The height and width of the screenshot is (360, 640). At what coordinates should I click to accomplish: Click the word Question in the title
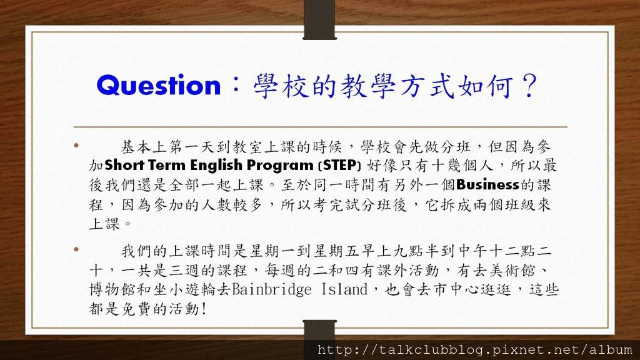click(158, 86)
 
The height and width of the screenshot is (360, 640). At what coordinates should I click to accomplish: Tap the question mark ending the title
click(531, 86)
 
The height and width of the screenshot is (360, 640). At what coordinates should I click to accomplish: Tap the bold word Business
click(487, 184)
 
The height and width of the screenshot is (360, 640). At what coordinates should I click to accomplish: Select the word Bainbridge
click(272, 289)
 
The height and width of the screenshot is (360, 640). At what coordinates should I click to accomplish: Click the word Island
click(344, 289)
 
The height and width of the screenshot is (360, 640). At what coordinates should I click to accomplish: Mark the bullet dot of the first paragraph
click(76, 145)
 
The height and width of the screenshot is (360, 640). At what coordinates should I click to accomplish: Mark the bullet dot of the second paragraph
click(76, 249)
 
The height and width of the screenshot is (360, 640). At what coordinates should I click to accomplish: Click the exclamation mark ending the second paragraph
click(204, 309)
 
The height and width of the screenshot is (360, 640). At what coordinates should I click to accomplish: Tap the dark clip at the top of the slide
click(319, 19)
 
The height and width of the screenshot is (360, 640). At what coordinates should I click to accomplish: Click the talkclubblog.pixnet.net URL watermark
click(475, 350)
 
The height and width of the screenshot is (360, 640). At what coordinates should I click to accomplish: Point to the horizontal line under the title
click(321, 127)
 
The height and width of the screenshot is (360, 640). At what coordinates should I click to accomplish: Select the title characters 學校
click(280, 86)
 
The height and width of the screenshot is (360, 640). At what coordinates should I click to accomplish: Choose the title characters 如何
click(486, 86)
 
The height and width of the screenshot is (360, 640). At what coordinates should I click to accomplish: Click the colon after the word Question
click(236, 85)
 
